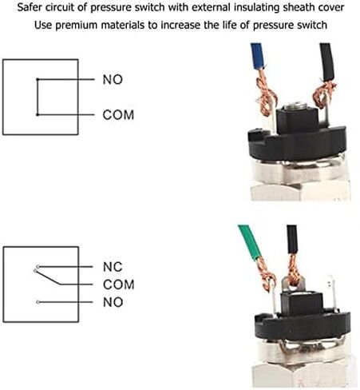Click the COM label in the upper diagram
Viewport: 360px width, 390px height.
tap(118, 115)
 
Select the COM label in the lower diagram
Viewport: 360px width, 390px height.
tap(118, 285)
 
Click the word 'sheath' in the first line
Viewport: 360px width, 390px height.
tap(289, 10)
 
